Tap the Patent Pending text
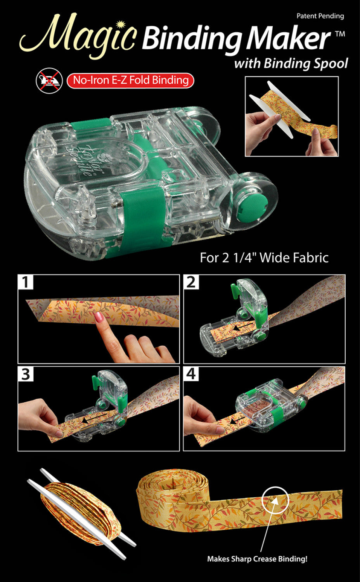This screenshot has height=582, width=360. (320, 16)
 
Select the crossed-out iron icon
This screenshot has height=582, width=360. (49, 81)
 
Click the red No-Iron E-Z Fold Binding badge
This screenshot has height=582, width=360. (130, 80)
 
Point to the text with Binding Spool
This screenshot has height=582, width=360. (291, 63)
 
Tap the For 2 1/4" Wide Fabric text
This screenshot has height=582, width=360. (264, 258)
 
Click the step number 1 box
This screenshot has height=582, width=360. (26, 282)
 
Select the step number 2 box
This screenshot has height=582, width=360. (191, 282)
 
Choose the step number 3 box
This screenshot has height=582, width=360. (26, 374)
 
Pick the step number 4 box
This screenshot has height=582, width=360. (191, 374)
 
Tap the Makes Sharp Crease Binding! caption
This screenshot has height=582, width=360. (257, 559)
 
